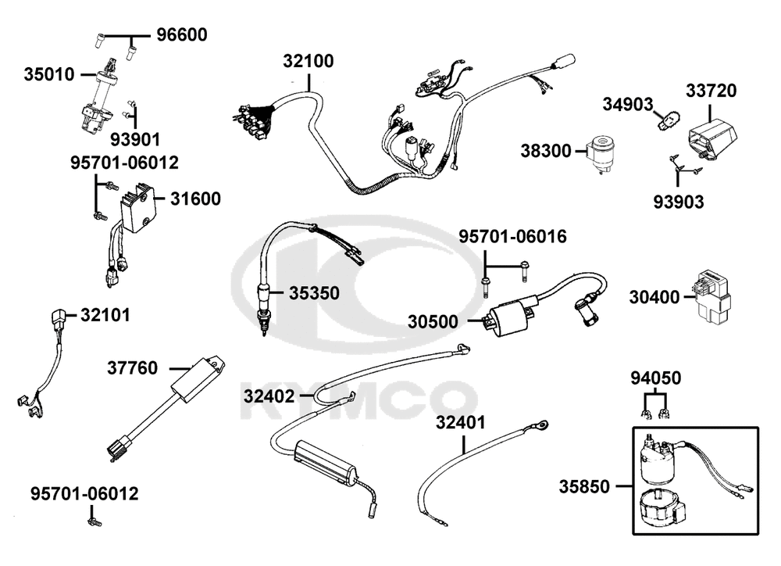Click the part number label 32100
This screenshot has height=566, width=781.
[x=308, y=61]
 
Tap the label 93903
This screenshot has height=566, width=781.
[x=679, y=202]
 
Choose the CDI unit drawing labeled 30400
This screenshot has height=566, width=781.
[x=711, y=295]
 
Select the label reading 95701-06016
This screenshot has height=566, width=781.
[x=512, y=236]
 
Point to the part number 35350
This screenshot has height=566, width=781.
[x=314, y=293]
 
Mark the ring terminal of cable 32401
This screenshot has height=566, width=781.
[x=539, y=426]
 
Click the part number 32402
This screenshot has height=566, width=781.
[x=269, y=396]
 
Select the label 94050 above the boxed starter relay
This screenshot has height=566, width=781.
[x=655, y=379]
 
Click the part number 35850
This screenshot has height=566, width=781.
[x=583, y=486]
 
